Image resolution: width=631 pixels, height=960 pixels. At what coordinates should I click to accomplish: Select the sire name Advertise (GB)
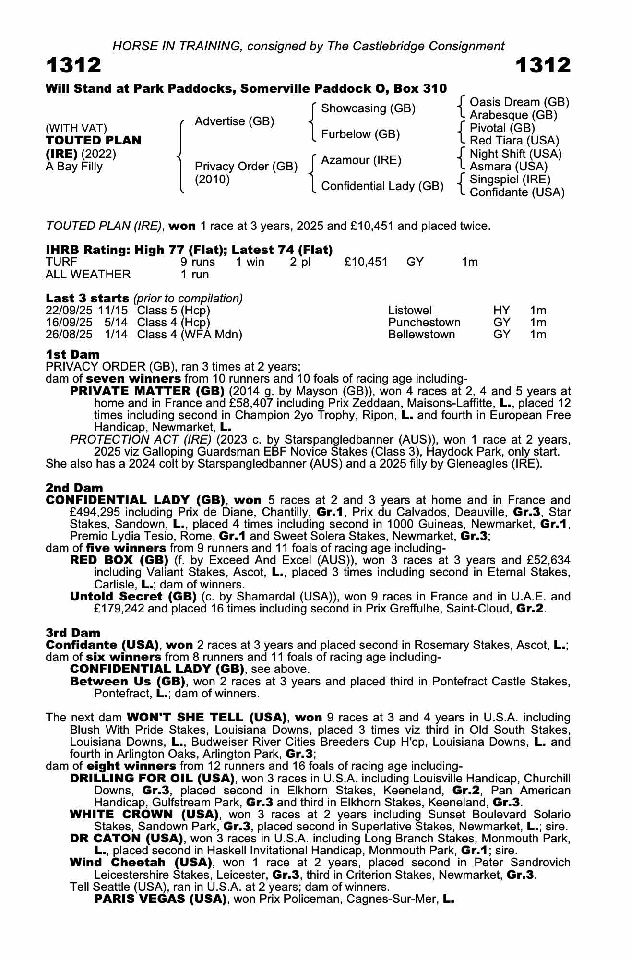(234, 121)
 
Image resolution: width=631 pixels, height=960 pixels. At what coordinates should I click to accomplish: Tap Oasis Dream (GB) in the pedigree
(519, 102)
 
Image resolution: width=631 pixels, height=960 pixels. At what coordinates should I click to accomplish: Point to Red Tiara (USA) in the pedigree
(514, 141)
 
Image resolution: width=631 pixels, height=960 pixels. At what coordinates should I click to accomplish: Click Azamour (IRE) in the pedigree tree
(361, 160)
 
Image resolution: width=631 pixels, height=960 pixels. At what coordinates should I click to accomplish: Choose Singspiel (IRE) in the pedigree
(510, 180)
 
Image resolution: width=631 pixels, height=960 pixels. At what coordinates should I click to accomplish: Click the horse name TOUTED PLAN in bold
(94, 141)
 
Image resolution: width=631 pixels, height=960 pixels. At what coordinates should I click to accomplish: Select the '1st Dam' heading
(72, 354)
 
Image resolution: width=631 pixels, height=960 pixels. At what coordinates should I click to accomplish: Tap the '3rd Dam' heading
(73, 633)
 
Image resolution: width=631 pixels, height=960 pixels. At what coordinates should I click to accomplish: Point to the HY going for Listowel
(501, 311)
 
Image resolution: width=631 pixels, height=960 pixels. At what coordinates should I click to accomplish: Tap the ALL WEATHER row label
(88, 274)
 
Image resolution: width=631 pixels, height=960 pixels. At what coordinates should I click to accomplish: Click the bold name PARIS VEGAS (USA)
(160, 899)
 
